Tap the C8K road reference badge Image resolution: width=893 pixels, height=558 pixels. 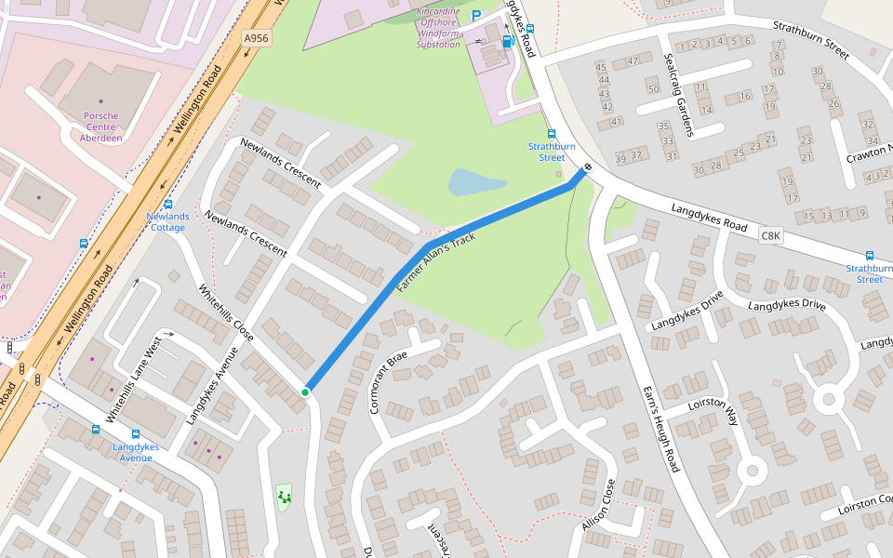(770, 236)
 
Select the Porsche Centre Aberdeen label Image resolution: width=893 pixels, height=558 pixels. (101, 126)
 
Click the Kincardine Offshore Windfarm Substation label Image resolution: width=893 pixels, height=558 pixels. (438, 27)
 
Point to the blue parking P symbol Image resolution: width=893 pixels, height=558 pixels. (477, 16)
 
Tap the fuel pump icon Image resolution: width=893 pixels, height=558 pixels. (507, 42)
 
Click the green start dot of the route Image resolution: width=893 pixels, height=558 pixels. (305, 392)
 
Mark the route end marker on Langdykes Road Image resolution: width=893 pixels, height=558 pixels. (587, 168)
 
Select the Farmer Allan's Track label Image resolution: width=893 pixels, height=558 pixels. (436, 264)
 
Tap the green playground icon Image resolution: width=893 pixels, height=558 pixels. (284, 498)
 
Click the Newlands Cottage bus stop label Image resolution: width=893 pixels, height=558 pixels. (167, 222)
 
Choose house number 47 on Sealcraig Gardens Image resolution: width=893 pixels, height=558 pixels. (633, 61)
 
